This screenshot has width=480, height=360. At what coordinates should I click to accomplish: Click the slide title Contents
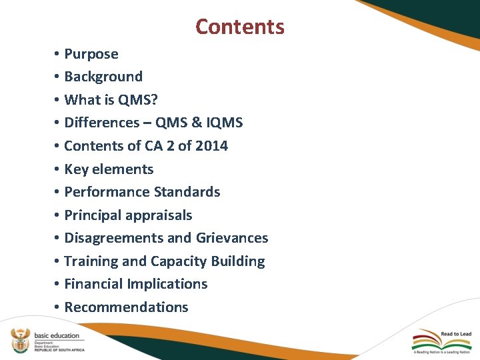pos(240,27)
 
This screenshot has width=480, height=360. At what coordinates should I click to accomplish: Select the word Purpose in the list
pos(91,54)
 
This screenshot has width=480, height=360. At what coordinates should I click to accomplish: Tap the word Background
pos(103,77)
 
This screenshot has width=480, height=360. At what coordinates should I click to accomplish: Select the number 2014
pos(211,146)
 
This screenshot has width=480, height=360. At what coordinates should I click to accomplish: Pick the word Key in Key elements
pos(76,169)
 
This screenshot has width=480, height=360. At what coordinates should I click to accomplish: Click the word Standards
pos(187,192)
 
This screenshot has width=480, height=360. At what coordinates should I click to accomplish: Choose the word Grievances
pos(232,238)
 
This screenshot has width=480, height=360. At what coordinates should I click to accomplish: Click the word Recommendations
pos(127,307)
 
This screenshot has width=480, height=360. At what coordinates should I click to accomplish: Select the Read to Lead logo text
pos(457,334)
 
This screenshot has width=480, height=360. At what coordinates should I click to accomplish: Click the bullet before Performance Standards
pos(59,193)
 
